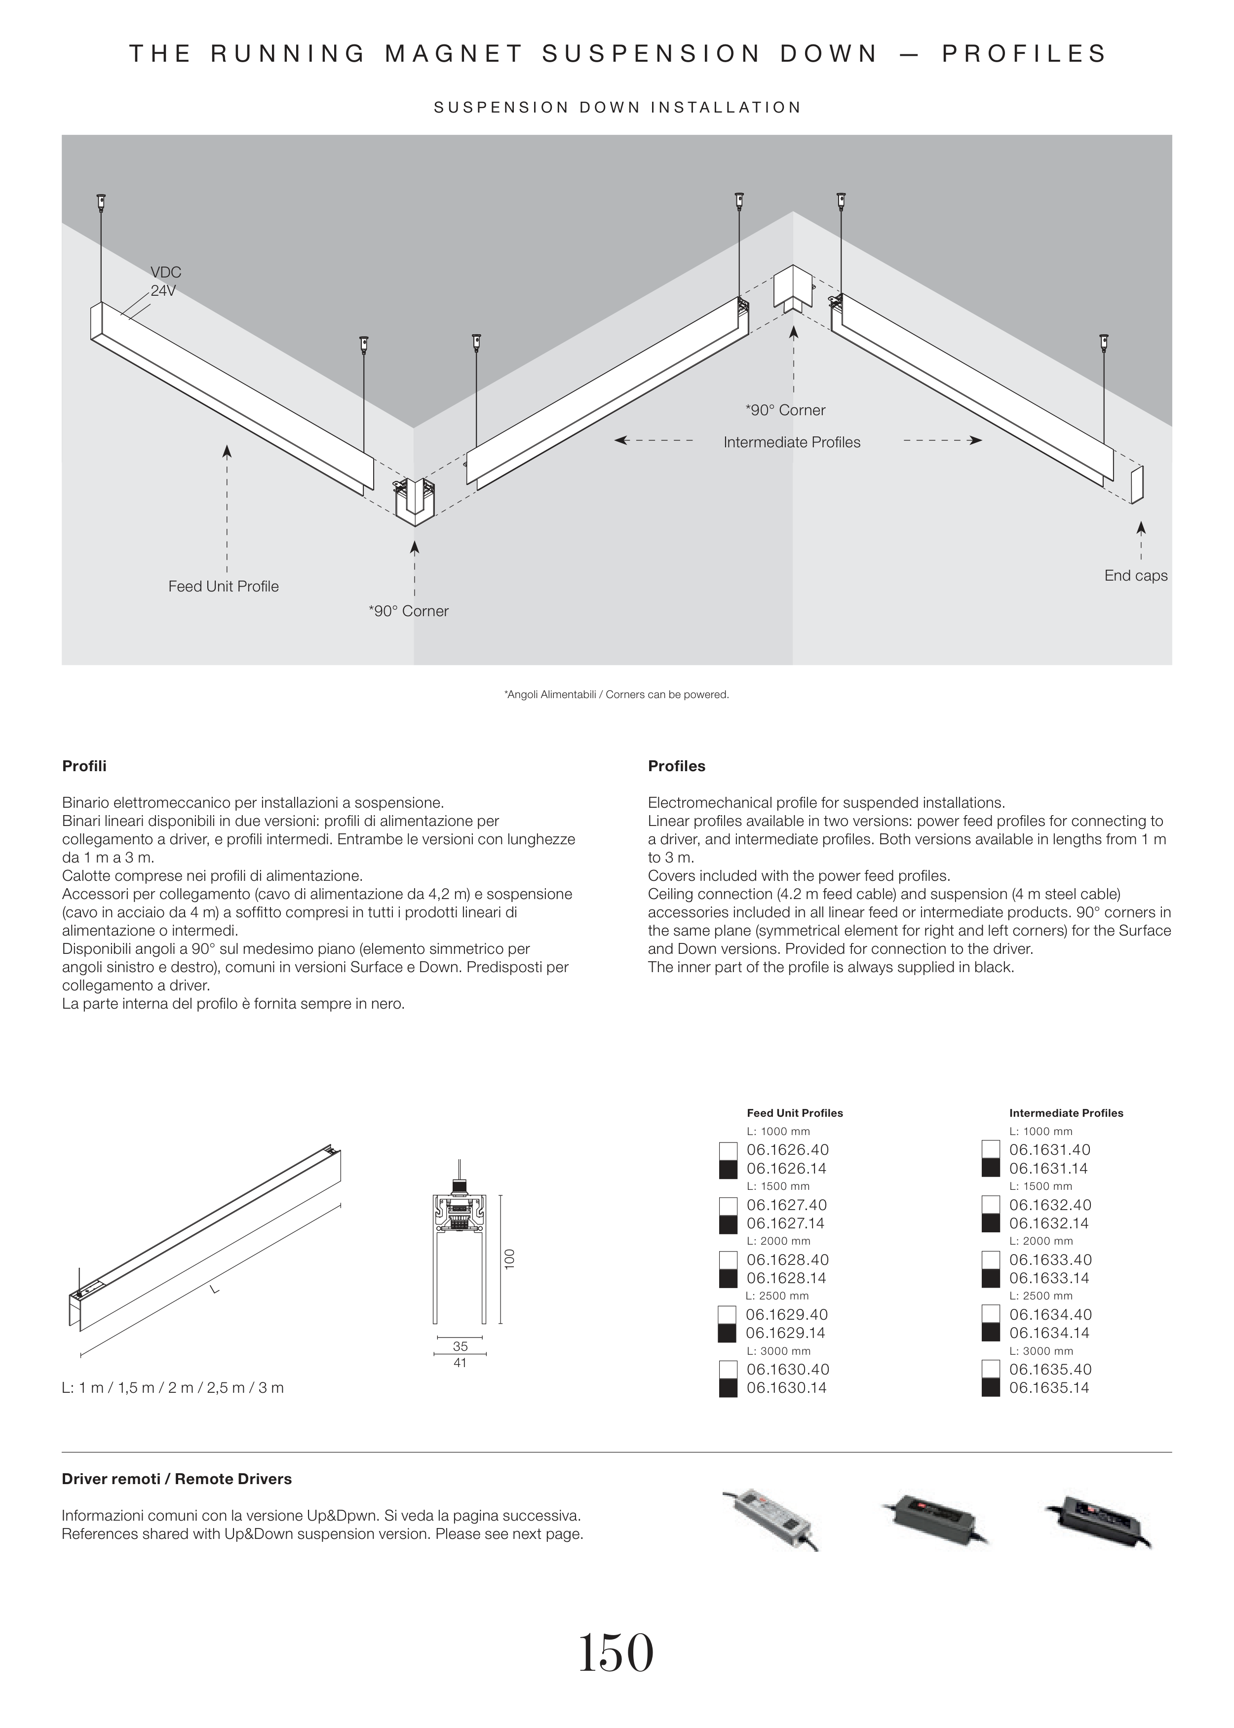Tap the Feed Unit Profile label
224,587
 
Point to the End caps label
1135,576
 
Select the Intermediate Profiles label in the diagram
792,442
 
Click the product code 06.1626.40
787,1150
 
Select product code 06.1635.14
1049,1388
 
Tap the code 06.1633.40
1050,1260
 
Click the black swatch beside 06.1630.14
728,1388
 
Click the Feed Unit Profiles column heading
795,1113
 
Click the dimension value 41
460,1363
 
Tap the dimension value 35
460,1346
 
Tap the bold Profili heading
84,766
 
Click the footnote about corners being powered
616,695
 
